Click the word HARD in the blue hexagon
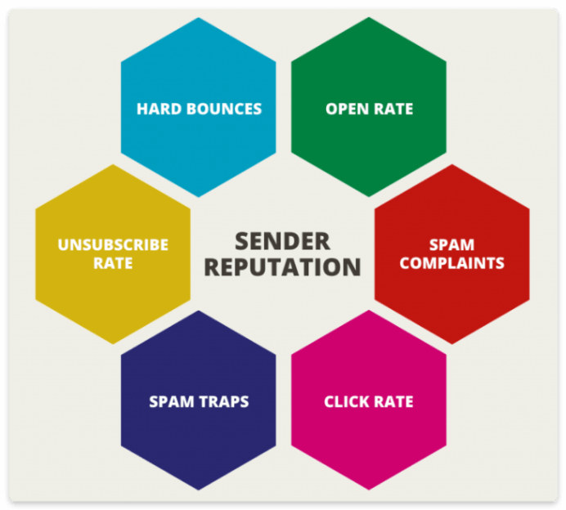click(159, 109)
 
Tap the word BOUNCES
click(224, 109)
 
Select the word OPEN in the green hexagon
click(348, 109)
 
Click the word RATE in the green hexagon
click(393, 109)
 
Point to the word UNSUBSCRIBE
click(113, 245)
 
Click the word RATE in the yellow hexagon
click(113, 263)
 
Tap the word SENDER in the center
click(282, 241)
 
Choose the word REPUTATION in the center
click(282, 267)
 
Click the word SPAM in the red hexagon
click(451, 245)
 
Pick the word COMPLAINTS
click(451, 263)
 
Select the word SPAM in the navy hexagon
click(172, 402)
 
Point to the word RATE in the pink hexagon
click(393, 402)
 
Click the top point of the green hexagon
click(369, 17)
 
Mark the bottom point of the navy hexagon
click(199, 490)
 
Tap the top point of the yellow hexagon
click(113, 164)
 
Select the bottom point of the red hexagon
click(452, 344)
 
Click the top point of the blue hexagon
click(199, 18)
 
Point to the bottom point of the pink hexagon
click(369, 490)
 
